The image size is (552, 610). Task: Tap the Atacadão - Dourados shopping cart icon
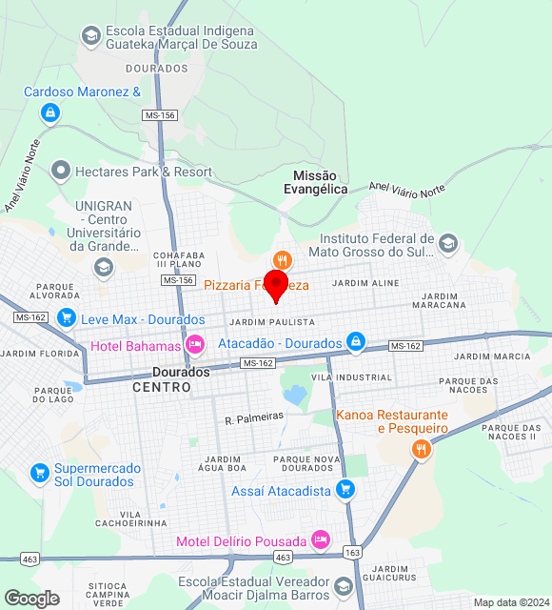(x=356, y=341)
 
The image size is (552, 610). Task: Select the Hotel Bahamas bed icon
(x=195, y=345)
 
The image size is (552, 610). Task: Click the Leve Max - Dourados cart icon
(x=66, y=318)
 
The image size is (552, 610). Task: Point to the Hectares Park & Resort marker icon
(x=61, y=172)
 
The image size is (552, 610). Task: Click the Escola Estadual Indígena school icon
(x=90, y=36)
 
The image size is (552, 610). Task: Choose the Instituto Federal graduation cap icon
(x=447, y=245)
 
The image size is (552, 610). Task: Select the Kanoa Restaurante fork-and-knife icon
(x=421, y=448)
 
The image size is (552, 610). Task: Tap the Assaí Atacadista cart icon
(x=345, y=491)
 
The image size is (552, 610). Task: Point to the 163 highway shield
(x=353, y=553)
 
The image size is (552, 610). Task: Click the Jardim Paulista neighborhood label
(x=272, y=322)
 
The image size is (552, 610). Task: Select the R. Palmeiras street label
(x=254, y=417)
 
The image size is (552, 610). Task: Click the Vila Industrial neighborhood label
(x=338, y=377)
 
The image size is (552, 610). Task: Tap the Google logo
(x=31, y=599)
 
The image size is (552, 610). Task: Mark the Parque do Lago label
(x=53, y=395)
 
